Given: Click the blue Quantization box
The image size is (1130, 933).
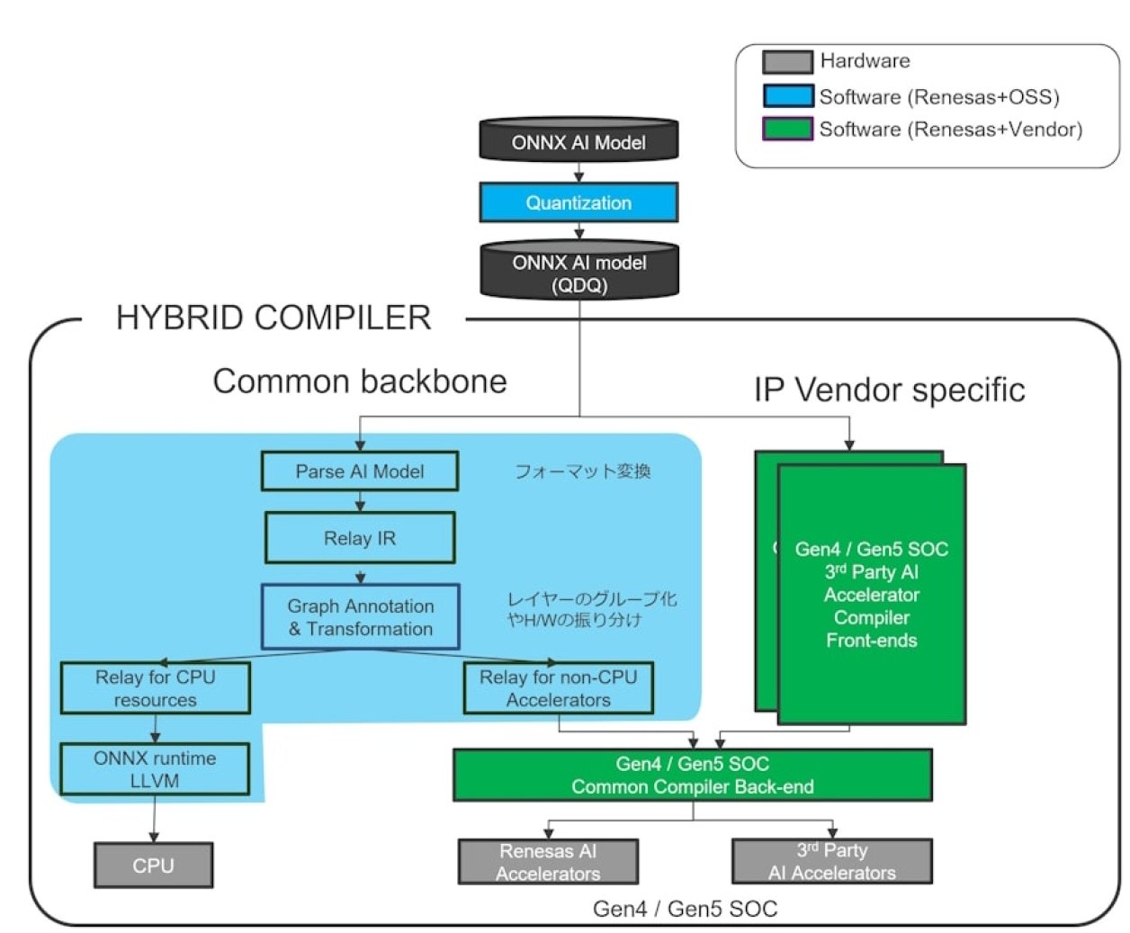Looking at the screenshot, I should click(578, 202).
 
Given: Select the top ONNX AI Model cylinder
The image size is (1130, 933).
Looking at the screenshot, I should click(578, 141).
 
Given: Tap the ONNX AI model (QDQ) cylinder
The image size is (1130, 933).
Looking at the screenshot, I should click(578, 272).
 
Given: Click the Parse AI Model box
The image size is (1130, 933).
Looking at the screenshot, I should click(360, 471).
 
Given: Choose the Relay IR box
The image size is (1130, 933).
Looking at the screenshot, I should click(360, 538).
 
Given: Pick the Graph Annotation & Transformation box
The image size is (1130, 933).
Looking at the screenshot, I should click(360, 617).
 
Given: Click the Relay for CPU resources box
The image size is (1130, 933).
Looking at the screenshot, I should click(155, 688).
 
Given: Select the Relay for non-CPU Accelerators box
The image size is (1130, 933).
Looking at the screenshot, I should click(558, 688).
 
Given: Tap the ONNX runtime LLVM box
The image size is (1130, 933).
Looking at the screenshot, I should click(155, 769).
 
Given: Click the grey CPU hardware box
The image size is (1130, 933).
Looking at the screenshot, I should click(153, 866).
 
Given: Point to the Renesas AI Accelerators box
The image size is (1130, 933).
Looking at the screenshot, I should click(548, 862).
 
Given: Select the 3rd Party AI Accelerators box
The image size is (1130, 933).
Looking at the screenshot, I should click(831, 862).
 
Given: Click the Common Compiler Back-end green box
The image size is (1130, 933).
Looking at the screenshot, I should click(692, 775).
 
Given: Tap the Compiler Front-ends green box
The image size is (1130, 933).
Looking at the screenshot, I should click(871, 595).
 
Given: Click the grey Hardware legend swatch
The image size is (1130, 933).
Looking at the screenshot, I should click(787, 61).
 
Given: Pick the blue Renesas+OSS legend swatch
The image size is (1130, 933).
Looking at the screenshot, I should click(787, 96).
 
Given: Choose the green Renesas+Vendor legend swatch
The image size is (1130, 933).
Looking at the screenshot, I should click(787, 129).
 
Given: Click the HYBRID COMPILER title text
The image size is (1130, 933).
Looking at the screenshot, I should click(274, 318).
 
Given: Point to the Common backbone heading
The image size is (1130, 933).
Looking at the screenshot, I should click(360, 381).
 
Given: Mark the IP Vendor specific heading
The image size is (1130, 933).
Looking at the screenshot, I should click(889, 390).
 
